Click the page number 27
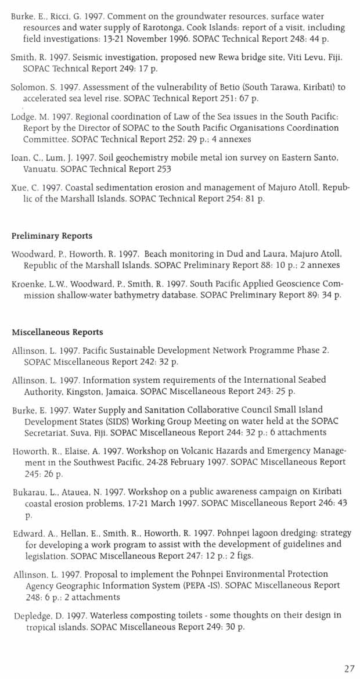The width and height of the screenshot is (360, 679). coord(348,669)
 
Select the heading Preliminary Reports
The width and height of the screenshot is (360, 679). coord(52,236)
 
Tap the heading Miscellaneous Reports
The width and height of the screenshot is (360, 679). coord(57,332)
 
